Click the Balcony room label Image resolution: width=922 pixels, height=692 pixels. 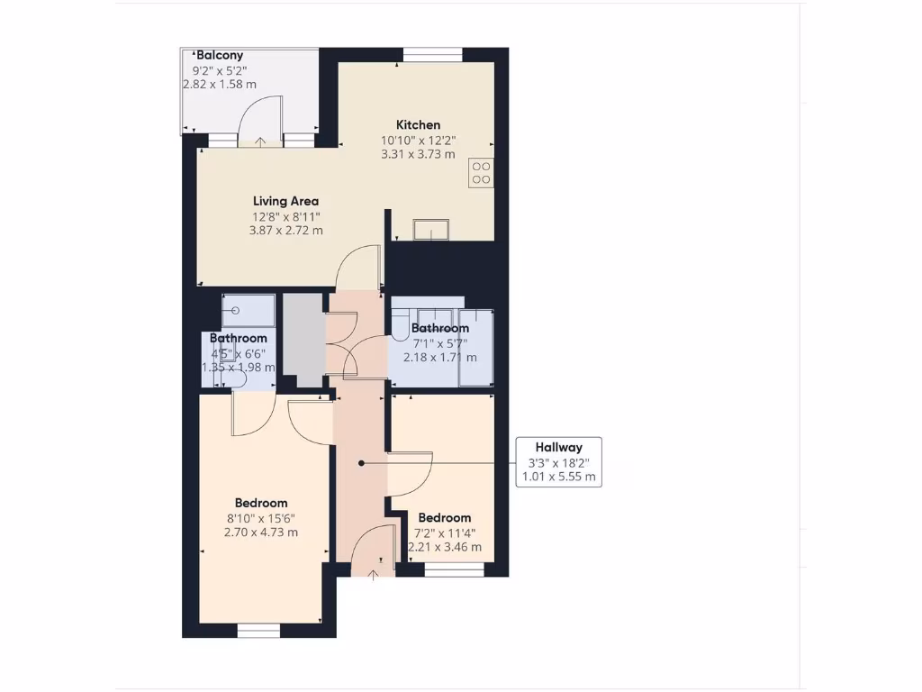(x=220, y=55)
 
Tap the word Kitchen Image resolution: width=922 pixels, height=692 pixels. (x=419, y=124)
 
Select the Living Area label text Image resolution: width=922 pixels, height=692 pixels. (x=285, y=201)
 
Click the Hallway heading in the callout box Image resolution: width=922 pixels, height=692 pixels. (x=558, y=447)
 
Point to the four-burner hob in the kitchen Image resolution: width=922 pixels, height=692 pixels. (x=481, y=172)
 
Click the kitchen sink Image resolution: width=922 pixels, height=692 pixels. (x=431, y=231)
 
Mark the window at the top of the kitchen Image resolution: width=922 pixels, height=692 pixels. (x=432, y=55)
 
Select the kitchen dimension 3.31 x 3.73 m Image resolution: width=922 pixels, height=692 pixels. (x=419, y=154)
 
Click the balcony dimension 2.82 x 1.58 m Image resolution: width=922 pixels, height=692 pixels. (x=220, y=85)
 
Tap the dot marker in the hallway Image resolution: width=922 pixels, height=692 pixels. (x=361, y=463)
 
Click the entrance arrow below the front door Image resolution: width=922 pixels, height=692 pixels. (x=374, y=575)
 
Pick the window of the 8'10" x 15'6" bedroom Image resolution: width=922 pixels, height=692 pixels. (x=259, y=631)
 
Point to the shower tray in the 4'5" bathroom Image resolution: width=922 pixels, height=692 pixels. (x=249, y=311)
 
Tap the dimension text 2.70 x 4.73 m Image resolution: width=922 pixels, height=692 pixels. (x=261, y=533)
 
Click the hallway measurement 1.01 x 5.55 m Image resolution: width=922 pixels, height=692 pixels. (x=558, y=478)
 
